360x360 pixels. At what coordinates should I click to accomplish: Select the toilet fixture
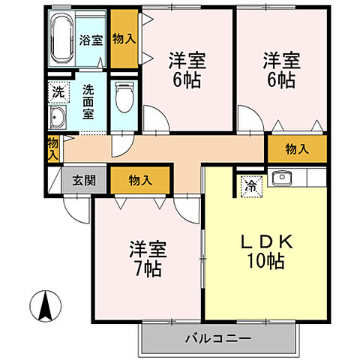(124, 96)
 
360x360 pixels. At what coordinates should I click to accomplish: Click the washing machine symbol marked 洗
(58, 93)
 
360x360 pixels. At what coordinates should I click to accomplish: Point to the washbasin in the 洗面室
(57, 118)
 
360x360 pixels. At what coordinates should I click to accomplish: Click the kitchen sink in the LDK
(282, 178)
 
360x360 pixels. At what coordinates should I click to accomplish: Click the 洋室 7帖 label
(147, 257)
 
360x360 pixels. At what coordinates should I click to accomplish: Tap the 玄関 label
(82, 180)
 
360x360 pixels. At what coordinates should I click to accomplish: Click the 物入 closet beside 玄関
(139, 180)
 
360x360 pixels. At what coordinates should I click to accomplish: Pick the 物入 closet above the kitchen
(297, 149)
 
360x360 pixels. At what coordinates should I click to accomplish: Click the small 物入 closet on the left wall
(52, 148)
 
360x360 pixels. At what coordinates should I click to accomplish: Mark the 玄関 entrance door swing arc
(73, 205)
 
